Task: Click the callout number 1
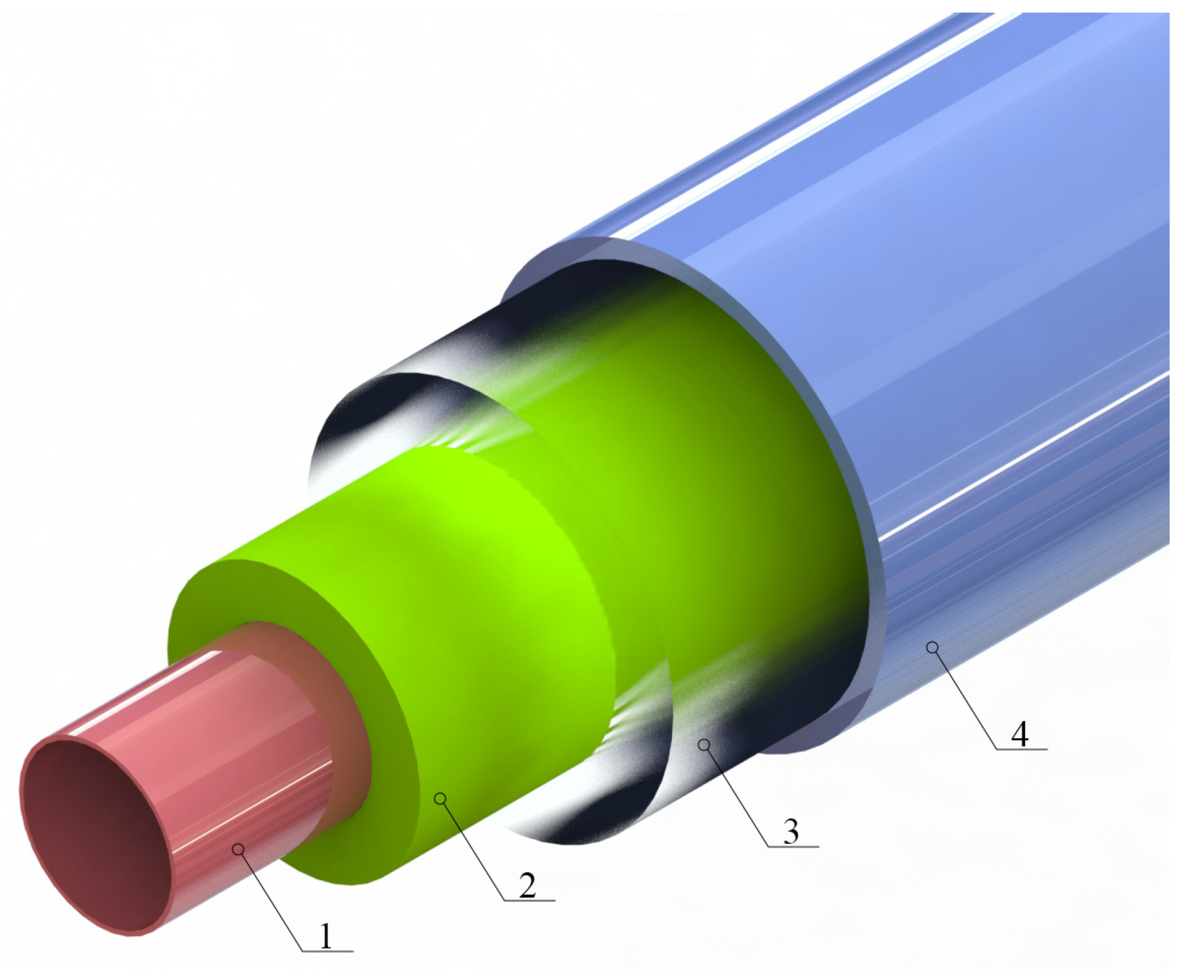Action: pyautogui.click(x=325, y=936)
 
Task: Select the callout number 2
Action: pyautogui.click(x=527, y=885)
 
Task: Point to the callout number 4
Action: pyautogui.click(x=1019, y=734)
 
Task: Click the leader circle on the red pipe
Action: pyautogui.click(x=238, y=849)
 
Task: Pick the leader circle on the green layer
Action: pyautogui.click(x=440, y=798)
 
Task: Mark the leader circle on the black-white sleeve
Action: pyautogui.click(x=704, y=745)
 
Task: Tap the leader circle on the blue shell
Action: pyautogui.click(x=932, y=647)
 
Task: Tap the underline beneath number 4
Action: pyautogui.click(x=1022, y=749)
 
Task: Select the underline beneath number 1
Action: pyautogui.click(x=327, y=951)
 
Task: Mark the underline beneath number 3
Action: pyautogui.click(x=793, y=847)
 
